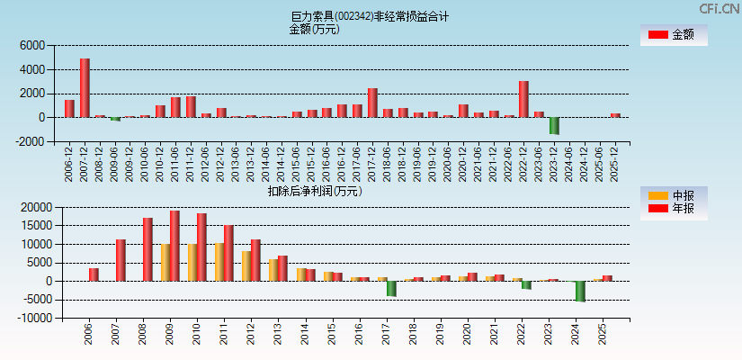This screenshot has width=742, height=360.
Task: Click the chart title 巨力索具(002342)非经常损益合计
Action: click(370, 16)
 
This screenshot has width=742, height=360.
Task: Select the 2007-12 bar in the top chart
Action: click(85, 88)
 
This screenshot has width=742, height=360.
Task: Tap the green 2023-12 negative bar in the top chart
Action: click(554, 125)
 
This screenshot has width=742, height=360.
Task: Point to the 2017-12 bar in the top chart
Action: click(372, 103)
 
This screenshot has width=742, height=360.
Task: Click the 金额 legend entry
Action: click(674, 35)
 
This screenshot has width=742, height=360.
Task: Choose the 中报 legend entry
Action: click(674, 195)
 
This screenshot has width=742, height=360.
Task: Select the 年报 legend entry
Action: click(674, 209)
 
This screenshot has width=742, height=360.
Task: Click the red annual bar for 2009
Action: click(174, 246)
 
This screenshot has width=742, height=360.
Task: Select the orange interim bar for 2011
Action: click(219, 262)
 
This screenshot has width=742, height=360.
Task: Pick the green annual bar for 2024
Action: click(580, 291)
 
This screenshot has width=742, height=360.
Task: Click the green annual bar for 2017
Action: click(391, 288)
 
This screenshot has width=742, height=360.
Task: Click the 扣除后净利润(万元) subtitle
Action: click(314, 191)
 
